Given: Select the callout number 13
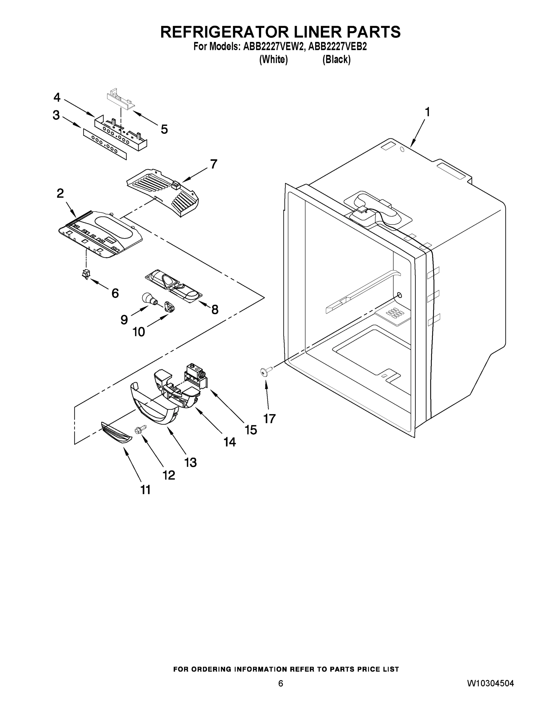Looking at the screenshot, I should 190,462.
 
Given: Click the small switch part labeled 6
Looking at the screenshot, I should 86,274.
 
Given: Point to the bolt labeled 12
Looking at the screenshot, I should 139,430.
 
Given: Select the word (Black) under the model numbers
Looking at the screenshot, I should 336,60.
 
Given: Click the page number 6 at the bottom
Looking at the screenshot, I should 280,683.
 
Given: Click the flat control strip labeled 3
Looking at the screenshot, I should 105,144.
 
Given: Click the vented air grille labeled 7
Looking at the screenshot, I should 162,192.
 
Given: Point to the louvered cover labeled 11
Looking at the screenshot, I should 116,433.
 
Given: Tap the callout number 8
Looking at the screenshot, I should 215,310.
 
